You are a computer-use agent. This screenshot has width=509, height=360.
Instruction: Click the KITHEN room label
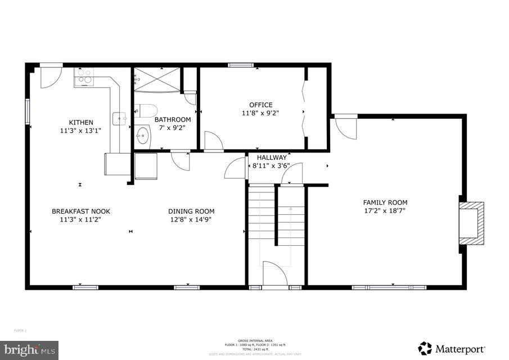81,123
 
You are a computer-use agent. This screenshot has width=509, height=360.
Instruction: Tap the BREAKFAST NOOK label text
81,211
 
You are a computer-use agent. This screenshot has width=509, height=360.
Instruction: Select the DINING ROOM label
191,211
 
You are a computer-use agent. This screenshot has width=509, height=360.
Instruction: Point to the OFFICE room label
261,105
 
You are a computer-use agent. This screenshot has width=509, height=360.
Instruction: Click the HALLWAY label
272,157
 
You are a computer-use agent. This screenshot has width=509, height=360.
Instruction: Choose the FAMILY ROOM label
385,202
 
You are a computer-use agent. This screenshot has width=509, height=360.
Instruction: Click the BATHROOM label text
173,119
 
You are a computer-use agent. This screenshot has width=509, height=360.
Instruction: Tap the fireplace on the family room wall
471,222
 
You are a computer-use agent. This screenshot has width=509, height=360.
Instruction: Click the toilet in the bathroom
147,111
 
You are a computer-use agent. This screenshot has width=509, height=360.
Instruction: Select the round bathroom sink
143,136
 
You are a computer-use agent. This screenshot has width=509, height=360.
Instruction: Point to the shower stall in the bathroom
157,79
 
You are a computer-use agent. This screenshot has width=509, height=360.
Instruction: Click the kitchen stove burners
84,76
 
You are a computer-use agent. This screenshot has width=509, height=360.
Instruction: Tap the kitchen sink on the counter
119,118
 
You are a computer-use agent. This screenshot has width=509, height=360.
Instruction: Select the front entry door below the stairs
275,274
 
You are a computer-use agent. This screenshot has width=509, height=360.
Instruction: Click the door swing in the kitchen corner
50,77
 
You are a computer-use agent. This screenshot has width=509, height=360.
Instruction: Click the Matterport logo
452,348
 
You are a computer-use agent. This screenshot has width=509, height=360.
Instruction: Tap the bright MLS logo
29,350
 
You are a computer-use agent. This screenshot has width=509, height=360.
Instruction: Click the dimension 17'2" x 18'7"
385,211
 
